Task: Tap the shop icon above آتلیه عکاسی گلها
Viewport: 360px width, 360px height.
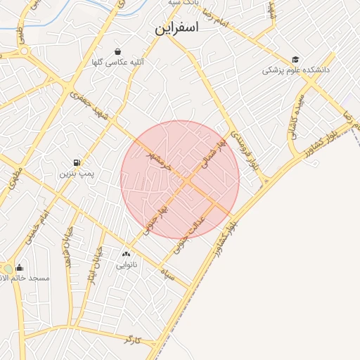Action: click(x=117, y=52)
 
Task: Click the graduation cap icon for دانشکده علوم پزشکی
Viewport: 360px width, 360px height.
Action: click(x=296, y=60)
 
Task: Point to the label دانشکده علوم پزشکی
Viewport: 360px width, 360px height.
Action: click(x=296, y=70)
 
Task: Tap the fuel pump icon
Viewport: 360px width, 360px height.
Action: click(x=77, y=162)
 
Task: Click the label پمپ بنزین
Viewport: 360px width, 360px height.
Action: click(x=76, y=172)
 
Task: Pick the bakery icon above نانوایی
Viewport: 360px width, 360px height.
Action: click(x=127, y=254)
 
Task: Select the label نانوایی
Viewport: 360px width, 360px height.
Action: click(x=127, y=265)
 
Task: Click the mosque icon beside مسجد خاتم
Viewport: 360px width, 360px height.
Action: click(x=19, y=267)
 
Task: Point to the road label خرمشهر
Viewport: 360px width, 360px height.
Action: click(x=158, y=159)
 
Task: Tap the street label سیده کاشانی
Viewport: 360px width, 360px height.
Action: click(x=296, y=112)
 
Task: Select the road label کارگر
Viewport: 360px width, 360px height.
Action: click(x=132, y=340)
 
